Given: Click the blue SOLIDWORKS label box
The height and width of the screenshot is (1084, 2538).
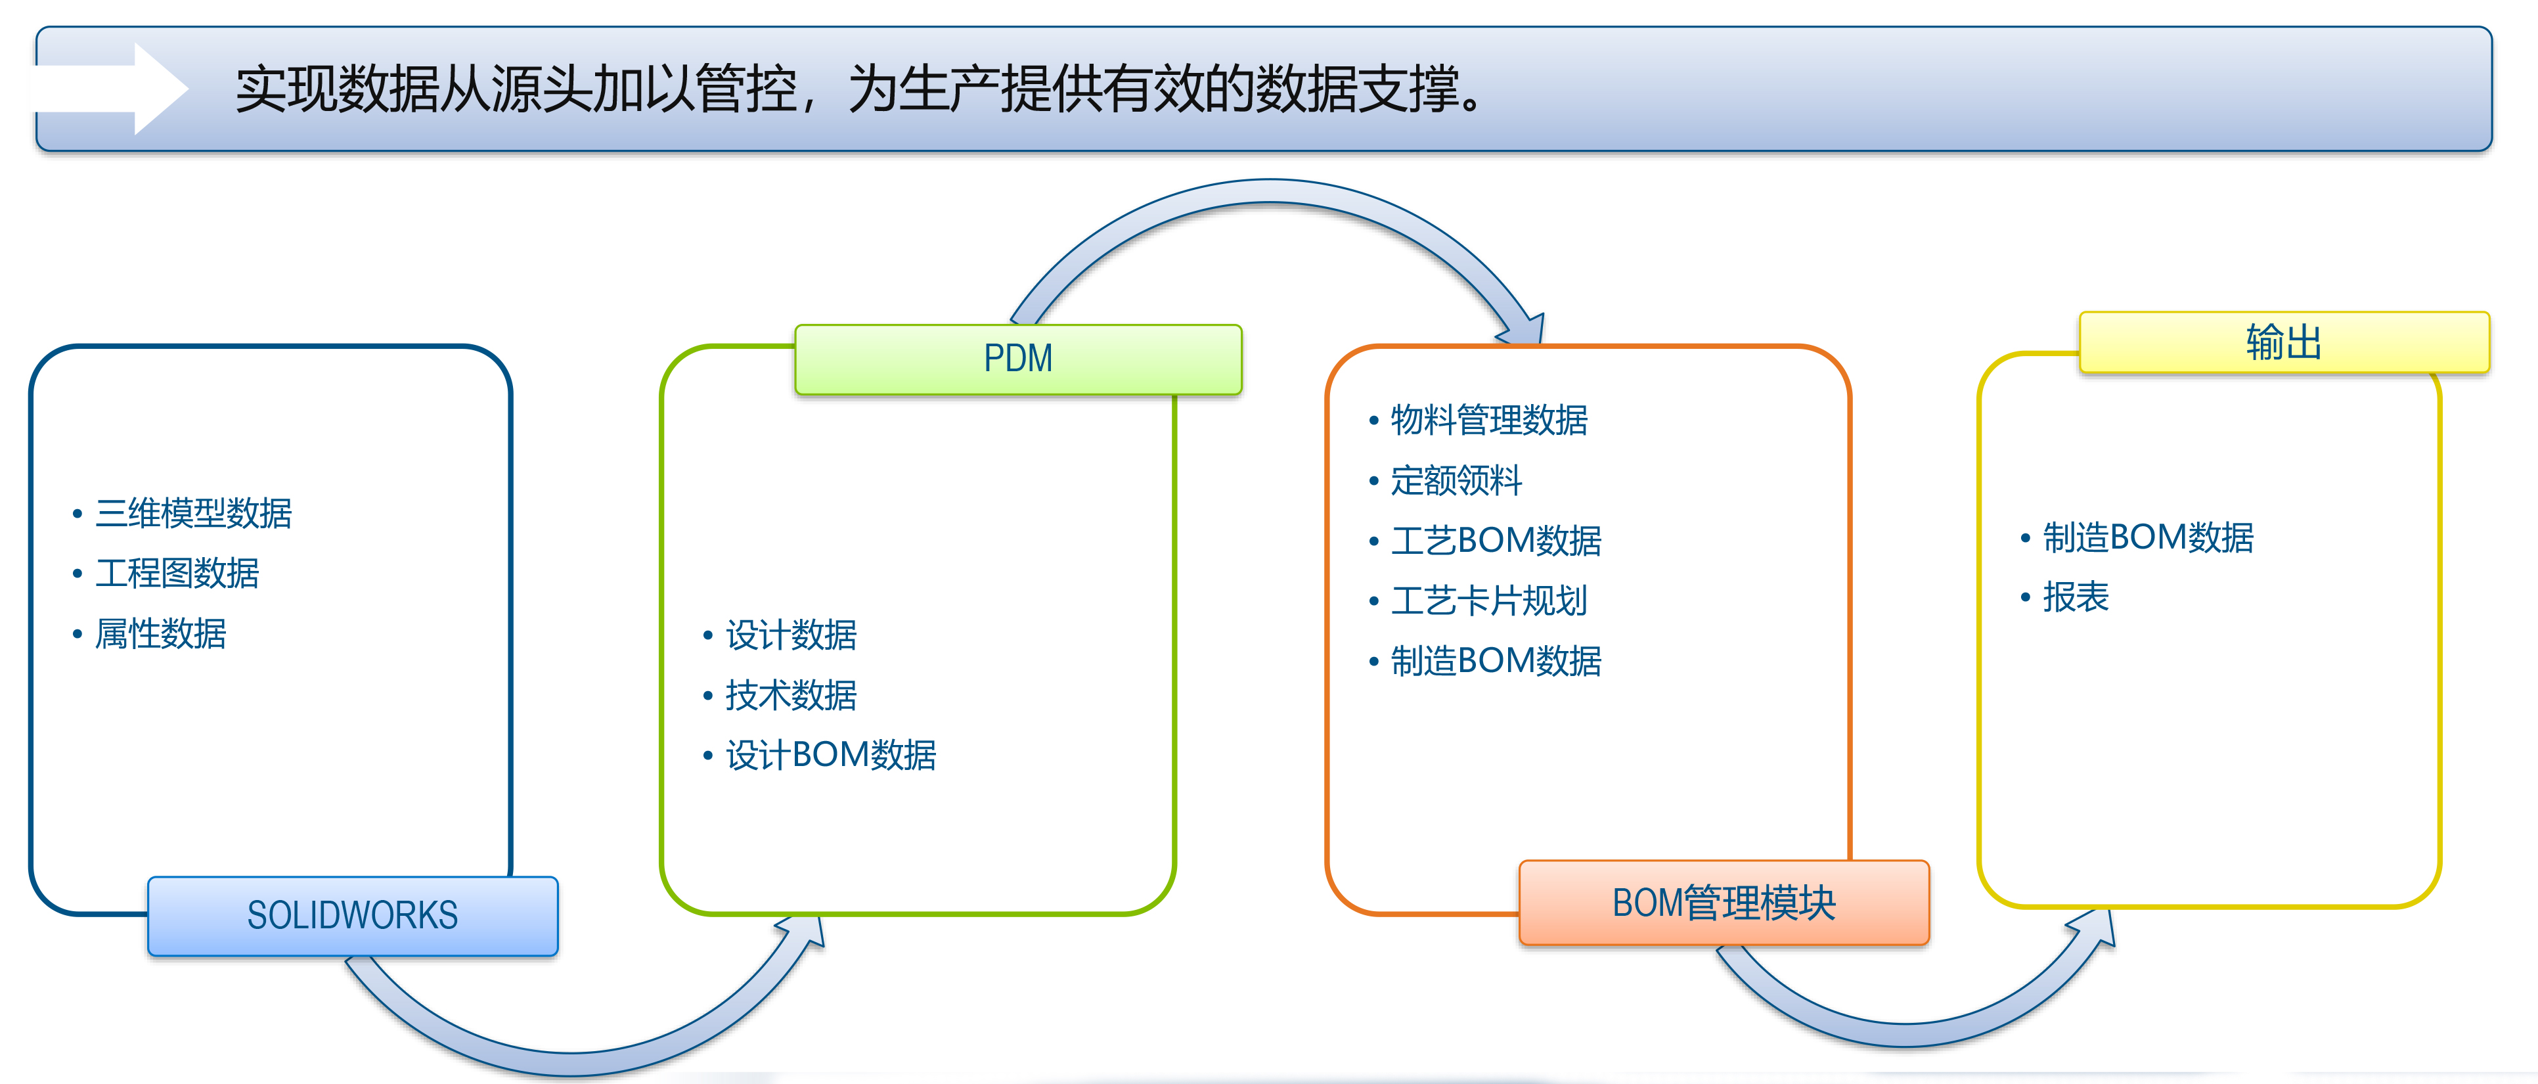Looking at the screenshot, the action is pos(353,916).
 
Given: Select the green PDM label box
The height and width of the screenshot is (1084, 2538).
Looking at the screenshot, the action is pos(1019,359).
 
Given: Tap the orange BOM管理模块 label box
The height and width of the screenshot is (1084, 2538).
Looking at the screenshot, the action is pos(1724,901).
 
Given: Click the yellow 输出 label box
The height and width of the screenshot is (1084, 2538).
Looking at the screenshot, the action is pos(2284,342).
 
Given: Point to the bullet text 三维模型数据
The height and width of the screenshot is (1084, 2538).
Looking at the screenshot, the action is pos(194,512).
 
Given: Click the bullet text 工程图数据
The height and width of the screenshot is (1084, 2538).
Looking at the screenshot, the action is pos(177,573).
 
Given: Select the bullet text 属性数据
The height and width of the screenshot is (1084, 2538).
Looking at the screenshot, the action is pos(160,633).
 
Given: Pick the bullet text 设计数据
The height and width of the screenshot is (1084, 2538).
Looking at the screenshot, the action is pos(791,635).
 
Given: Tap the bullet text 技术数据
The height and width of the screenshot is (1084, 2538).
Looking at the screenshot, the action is pos(791,695).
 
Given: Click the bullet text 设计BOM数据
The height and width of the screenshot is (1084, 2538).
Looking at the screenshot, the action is pos(830,755).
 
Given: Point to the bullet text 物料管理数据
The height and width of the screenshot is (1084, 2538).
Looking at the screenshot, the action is pos(1488,420).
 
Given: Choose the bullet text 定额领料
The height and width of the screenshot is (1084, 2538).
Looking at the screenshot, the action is pos(1456,480).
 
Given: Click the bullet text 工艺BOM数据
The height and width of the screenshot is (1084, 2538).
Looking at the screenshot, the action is pos(1496,540).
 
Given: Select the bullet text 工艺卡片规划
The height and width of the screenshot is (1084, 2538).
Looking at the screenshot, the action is pos(1488,600).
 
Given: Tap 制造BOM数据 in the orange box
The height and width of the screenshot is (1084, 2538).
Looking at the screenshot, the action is pos(1496,660).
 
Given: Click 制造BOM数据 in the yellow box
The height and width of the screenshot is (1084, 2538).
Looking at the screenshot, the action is pos(2148,537).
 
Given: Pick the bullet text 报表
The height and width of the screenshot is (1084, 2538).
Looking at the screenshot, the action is pos(2076,597).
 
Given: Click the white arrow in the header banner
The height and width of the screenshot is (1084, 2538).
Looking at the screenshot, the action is pos(110,89).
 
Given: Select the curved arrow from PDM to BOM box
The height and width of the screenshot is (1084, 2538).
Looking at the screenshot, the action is pos(1271,191).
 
